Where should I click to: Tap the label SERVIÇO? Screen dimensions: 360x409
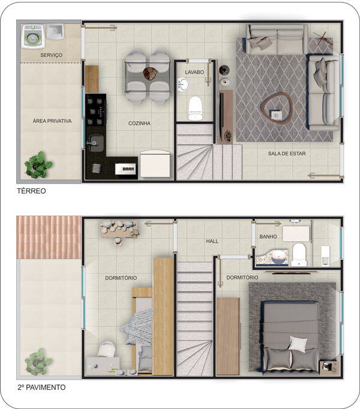point(51,55)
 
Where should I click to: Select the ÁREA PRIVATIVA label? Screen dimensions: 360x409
point(52,121)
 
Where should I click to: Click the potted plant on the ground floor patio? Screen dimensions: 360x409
point(38,165)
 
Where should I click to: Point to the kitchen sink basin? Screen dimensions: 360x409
point(97,143)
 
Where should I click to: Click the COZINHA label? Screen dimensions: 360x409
point(139,123)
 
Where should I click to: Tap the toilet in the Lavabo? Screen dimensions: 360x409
point(195,109)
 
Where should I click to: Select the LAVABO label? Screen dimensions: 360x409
point(194,72)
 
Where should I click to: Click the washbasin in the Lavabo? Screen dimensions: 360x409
point(183,84)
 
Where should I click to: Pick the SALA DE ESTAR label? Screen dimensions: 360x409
point(287,154)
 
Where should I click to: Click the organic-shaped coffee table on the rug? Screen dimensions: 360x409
point(277,107)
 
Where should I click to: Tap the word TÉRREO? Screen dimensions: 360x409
point(31,191)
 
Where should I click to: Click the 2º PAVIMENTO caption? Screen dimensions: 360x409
point(41,387)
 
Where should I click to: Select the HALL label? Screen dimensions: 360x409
point(212,241)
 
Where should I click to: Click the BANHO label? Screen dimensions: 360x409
point(268,236)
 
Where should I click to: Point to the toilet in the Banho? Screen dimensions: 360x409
point(299,255)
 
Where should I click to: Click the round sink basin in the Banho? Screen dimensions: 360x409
point(278,257)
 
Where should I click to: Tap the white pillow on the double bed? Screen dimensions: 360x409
point(298,343)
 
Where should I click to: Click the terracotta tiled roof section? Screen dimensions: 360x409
point(49,237)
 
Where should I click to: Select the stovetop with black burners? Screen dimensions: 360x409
point(95,112)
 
